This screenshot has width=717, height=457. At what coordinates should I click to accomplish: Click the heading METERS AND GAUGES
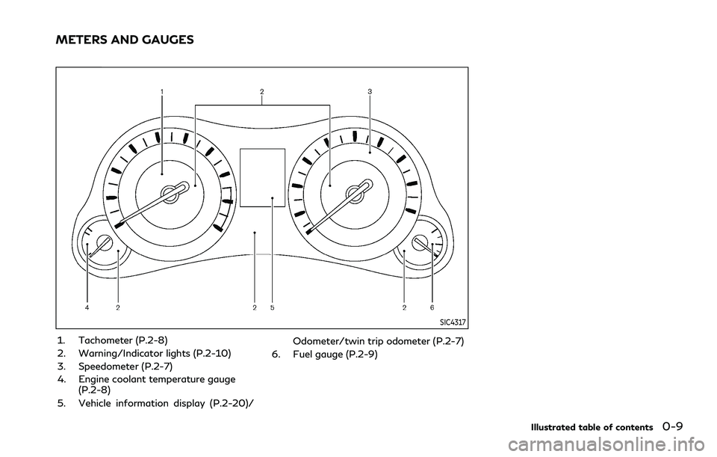[x=125, y=40]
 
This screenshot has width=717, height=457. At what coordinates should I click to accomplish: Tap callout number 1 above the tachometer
[x=162, y=91]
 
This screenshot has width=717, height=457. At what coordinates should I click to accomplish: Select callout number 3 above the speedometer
[x=370, y=91]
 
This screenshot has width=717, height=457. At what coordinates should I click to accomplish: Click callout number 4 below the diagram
[x=87, y=308]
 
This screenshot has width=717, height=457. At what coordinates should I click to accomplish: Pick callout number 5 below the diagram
[x=272, y=308]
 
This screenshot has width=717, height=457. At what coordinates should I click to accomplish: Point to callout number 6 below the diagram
[x=432, y=308]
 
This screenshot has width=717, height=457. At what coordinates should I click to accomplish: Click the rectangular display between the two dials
[x=262, y=177]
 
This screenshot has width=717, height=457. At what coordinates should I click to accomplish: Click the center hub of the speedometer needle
[x=355, y=194]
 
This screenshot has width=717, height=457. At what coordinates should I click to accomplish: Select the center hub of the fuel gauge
[x=419, y=242]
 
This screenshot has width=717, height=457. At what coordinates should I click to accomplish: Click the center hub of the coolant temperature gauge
[x=105, y=242]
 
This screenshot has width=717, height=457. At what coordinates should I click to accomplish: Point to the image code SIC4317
[x=453, y=322]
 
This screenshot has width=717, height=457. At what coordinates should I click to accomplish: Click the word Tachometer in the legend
[x=105, y=340]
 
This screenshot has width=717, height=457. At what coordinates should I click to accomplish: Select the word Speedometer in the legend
[x=107, y=366]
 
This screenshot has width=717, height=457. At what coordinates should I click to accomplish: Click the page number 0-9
[x=672, y=427]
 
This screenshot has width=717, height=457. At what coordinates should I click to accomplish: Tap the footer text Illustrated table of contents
[x=592, y=428]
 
